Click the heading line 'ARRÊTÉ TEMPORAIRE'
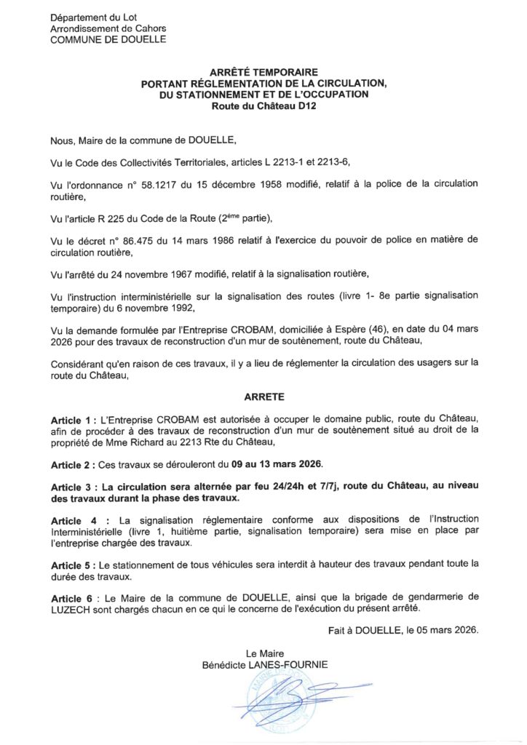(263, 73)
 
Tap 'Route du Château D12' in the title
(263, 105)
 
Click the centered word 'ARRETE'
(263, 398)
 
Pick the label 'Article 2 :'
(74, 464)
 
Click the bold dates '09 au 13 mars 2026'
(273, 464)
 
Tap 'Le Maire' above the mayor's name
(265, 653)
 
